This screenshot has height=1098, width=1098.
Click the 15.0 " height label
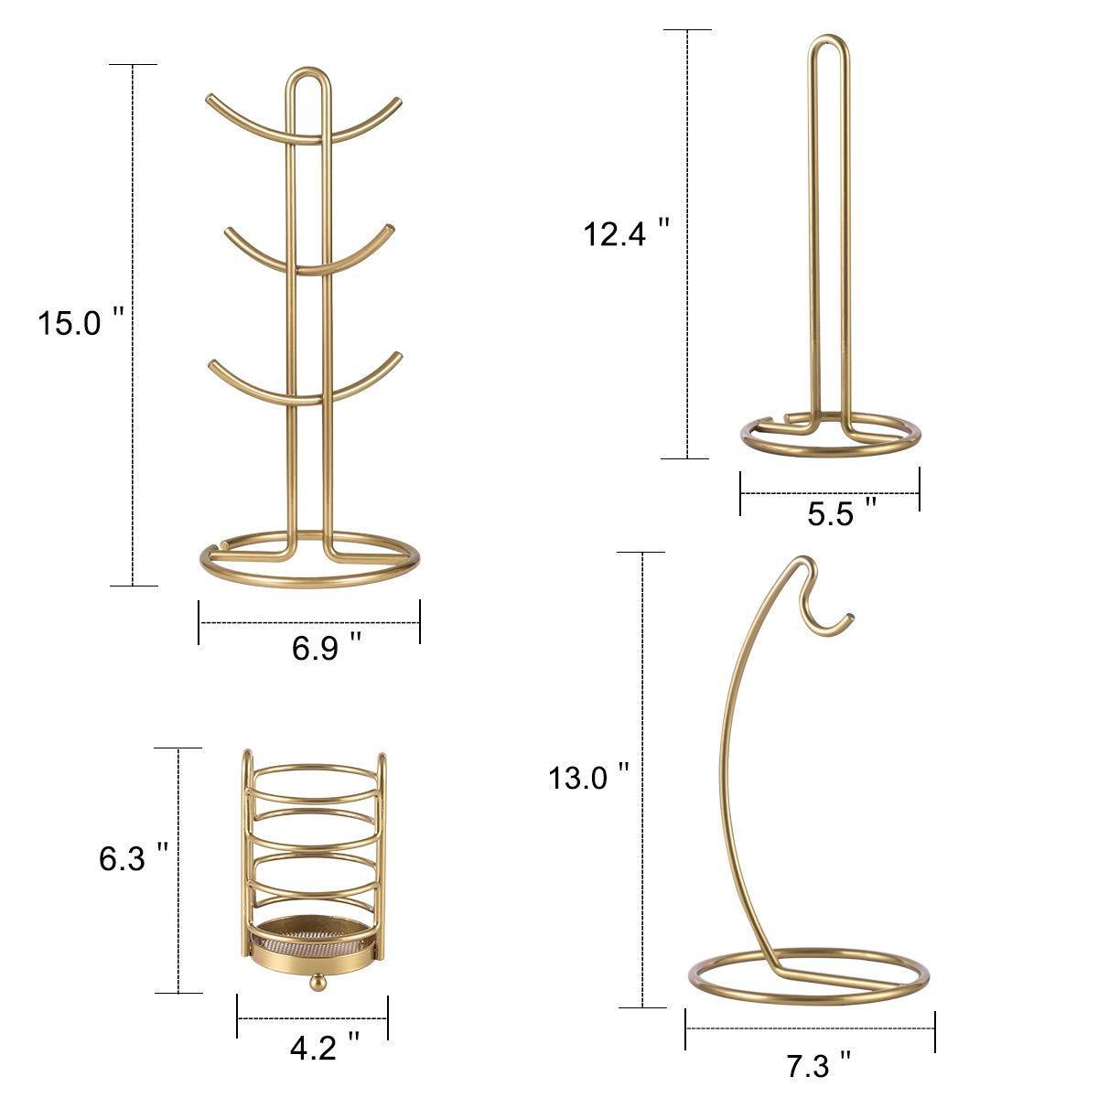click(81, 322)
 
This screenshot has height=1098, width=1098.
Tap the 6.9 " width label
click(327, 647)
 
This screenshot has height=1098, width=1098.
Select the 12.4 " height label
click(626, 233)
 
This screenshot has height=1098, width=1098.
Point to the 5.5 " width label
click(842, 512)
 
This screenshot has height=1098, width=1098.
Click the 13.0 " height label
click(588, 777)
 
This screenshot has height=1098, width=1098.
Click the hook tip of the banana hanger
click(850, 617)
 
